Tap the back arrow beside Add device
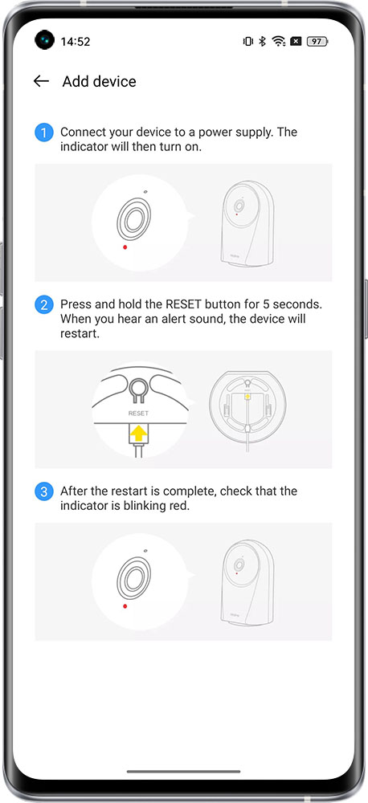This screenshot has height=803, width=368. (x=41, y=81)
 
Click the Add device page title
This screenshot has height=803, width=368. (x=100, y=81)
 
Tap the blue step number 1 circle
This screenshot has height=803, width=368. (x=44, y=133)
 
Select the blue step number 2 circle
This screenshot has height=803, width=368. (x=44, y=305)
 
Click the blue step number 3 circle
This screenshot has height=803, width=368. (x=44, y=492)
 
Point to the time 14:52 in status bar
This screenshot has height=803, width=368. (x=76, y=42)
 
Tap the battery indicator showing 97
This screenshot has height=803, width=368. (x=317, y=42)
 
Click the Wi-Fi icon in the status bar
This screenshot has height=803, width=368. (x=279, y=42)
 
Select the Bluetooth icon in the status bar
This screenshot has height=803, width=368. (x=262, y=42)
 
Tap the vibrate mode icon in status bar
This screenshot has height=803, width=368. (x=248, y=42)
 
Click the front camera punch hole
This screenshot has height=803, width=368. (x=44, y=40)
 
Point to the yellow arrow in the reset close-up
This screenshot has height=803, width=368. (x=138, y=434)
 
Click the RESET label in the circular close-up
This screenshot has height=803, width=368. (x=138, y=413)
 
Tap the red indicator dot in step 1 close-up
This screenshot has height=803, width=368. (x=125, y=247)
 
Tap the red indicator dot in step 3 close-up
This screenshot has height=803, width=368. (x=125, y=605)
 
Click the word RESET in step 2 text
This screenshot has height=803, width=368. (x=183, y=304)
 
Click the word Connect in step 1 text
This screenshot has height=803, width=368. (x=80, y=132)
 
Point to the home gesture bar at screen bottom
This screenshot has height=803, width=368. (x=183, y=771)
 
